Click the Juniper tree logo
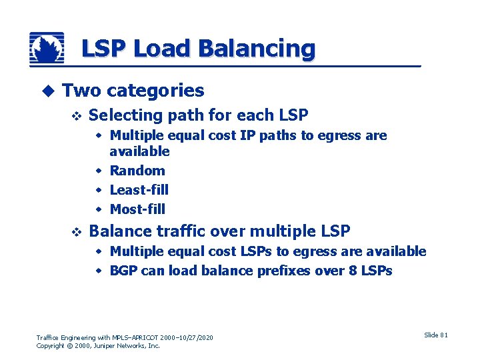(x=47, y=49)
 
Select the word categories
(x=155, y=91)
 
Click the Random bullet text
(x=137, y=171)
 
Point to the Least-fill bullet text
(x=139, y=190)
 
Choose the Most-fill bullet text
(x=137, y=209)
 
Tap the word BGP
(x=123, y=271)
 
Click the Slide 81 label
(x=436, y=335)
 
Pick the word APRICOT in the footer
(x=150, y=338)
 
